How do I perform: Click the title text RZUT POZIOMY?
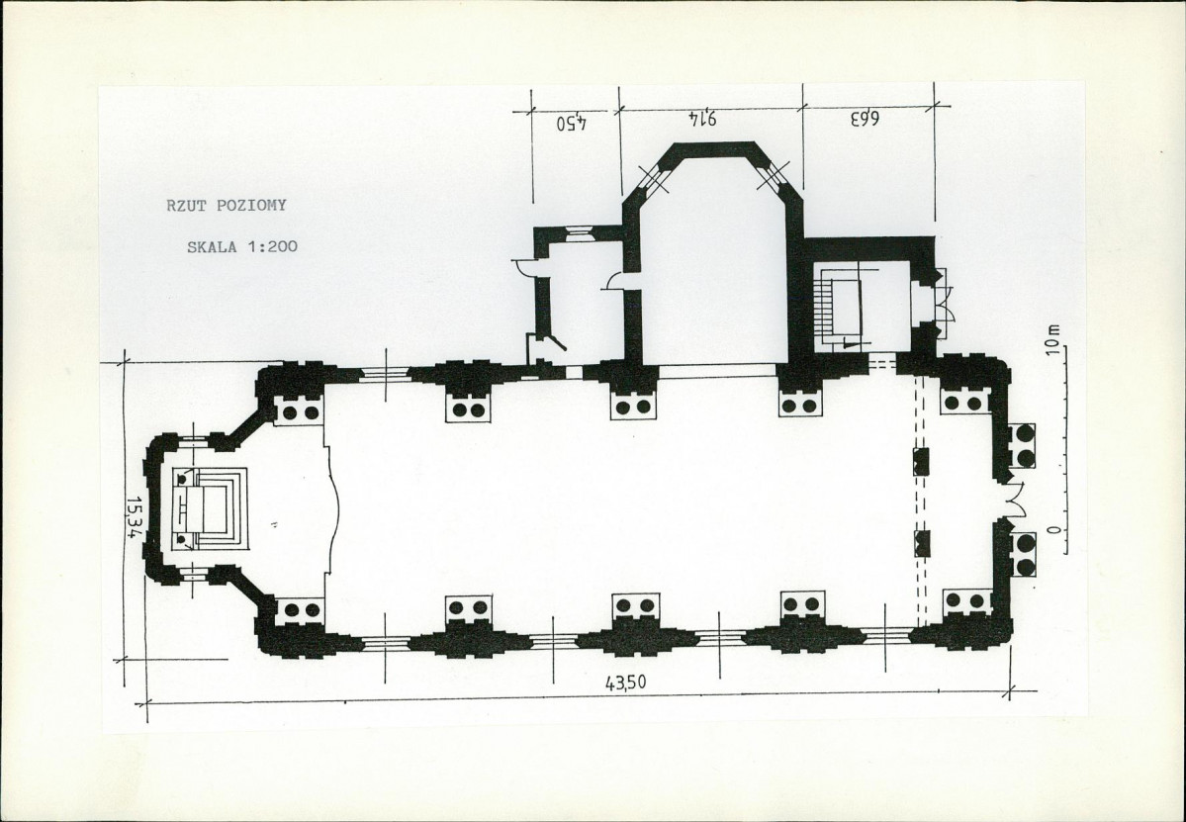pos(227,205)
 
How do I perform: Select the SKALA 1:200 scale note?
pos(242,246)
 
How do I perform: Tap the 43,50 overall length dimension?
pos(625,683)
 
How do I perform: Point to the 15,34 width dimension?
pos(135,516)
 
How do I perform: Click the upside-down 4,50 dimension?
pos(573,122)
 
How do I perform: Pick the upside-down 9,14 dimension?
pos(702,118)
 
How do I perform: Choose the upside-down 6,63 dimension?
pos(864,119)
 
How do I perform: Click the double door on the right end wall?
pos(1014,500)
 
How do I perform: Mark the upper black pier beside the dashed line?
pos(921,461)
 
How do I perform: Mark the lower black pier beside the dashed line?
pos(921,544)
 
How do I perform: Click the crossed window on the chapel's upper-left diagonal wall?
pos(654,178)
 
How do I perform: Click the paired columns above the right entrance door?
pos(1025,445)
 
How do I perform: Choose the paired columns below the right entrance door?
pos(1025,555)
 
